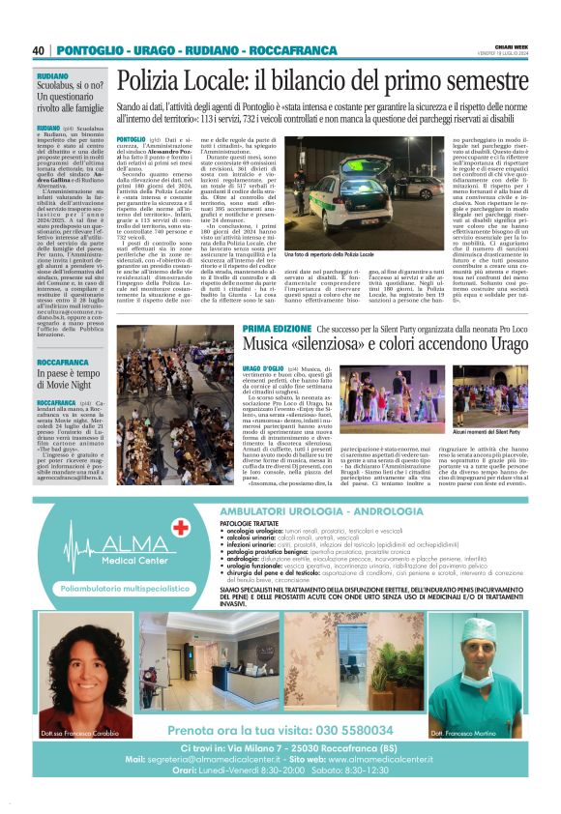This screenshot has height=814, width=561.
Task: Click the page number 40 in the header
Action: tap(39, 50)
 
